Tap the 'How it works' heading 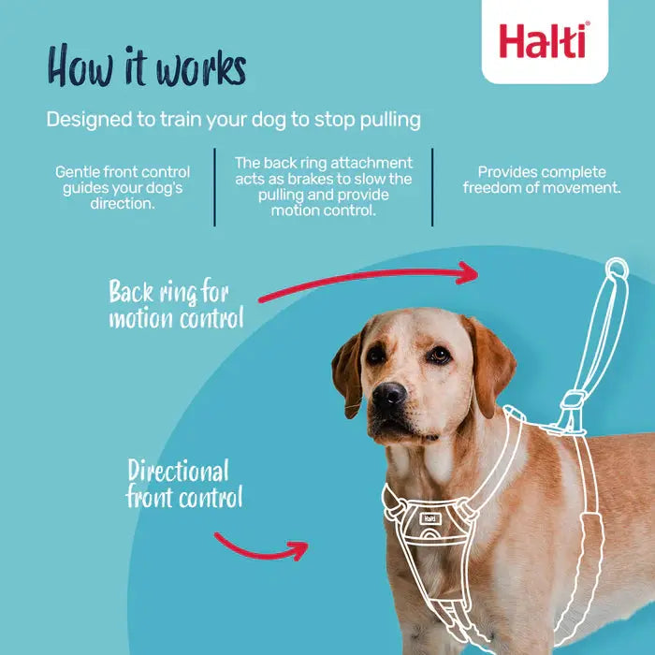147,67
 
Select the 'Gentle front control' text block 122,187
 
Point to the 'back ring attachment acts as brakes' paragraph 323,186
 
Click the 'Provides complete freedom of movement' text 542,180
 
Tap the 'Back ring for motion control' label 175,304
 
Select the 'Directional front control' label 183,484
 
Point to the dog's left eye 437,354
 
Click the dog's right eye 375,355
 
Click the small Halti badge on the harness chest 428,517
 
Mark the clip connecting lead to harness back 568,412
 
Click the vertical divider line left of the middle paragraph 214,186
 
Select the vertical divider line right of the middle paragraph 432,186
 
